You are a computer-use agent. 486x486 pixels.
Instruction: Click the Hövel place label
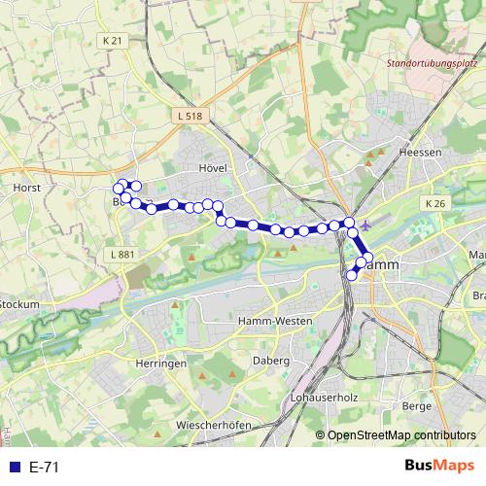[x=212, y=167]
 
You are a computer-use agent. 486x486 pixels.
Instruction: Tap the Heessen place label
[x=421, y=153]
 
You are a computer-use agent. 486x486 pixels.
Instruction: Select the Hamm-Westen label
[x=275, y=320]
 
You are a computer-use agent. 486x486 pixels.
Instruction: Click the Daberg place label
[x=270, y=361]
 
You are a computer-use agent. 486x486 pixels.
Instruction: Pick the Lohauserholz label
[x=324, y=399]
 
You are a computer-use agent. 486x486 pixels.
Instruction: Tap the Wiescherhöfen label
[x=215, y=426]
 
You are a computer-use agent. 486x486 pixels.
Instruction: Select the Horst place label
[x=25, y=187]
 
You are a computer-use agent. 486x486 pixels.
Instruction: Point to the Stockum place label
[x=19, y=304]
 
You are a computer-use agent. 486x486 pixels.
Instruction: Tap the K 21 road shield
[x=113, y=41]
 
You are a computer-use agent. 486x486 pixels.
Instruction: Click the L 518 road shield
[x=191, y=116]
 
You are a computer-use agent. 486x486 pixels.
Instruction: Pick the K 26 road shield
[x=434, y=203]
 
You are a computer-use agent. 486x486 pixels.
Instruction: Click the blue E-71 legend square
[x=14, y=467]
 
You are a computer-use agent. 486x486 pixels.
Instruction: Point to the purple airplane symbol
[x=364, y=226]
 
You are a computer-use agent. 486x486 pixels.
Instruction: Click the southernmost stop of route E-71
[x=352, y=276]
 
